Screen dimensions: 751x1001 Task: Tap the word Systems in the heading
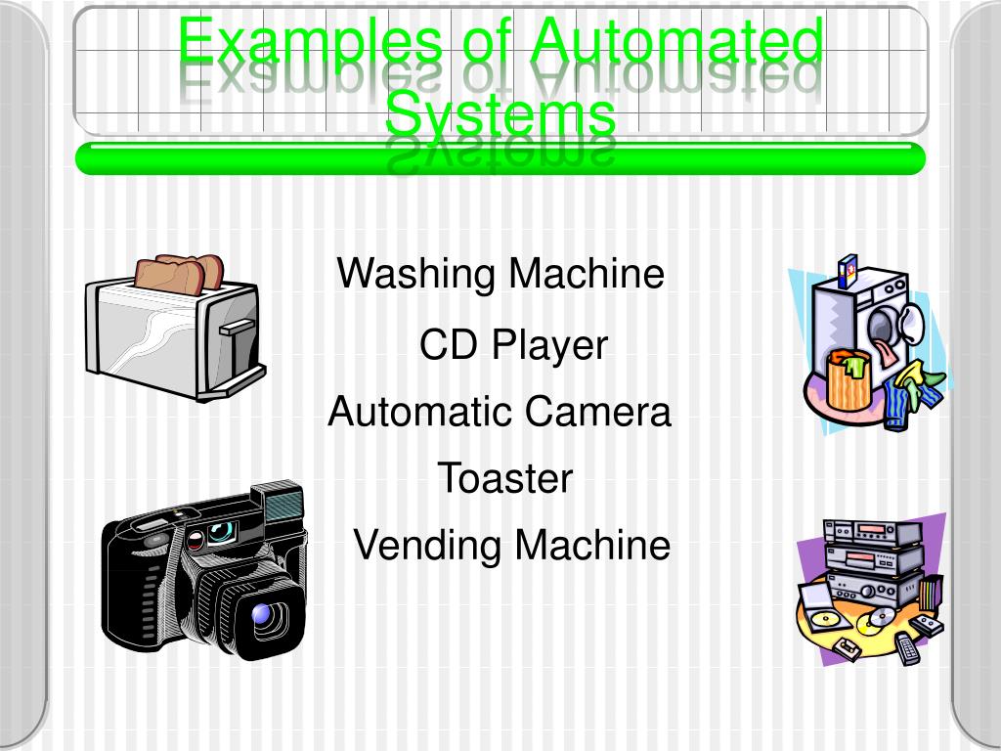click(x=500, y=114)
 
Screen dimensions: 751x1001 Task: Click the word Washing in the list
click(x=414, y=274)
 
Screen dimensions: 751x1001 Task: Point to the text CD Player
click(x=513, y=345)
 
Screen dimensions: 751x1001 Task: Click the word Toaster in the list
click(x=504, y=479)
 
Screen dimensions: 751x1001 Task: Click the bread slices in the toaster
click(x=180, y=271)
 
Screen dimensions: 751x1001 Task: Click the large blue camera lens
click(x=263, y=614)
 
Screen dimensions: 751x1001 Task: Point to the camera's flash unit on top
click(x=282, y=504)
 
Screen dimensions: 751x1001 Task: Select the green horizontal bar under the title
click(x=500, y=158)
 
